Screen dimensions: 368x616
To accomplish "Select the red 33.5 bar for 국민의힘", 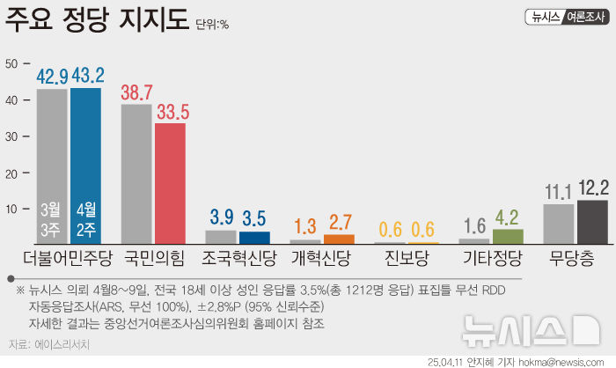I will [170, 182].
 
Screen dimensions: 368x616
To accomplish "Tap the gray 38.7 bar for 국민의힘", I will [136, 173].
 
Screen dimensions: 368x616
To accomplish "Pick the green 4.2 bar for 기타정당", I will [508, 235].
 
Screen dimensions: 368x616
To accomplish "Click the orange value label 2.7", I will [340, 223].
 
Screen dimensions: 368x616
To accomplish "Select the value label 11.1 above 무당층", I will [559, 191].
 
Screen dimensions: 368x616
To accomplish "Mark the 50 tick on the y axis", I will [11, 63].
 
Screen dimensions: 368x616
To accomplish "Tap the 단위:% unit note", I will [212, 25].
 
